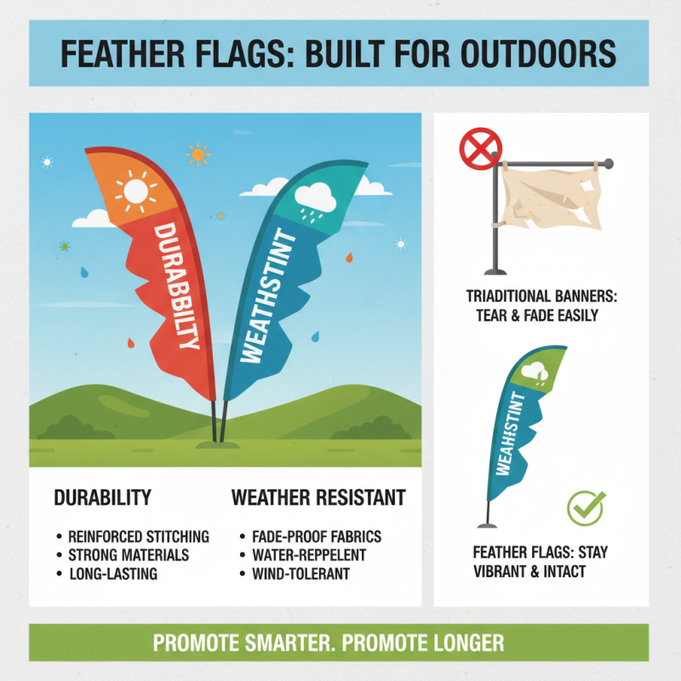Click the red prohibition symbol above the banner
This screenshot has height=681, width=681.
[x=478, y=149]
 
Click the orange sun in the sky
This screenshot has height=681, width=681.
[x=198, y=154]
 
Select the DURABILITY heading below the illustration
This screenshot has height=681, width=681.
[x=102, y=497]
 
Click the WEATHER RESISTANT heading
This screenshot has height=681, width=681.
[x=318, y=497]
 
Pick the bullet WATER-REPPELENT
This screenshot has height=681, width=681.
[x=309, y=555]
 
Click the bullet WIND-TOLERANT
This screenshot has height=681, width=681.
[x=301, y=574]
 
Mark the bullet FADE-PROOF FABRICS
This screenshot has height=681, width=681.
[x=317, y=536]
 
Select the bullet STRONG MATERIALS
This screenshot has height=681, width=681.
[x=129, y=555]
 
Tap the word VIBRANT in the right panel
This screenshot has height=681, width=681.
[x=500, y=571]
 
